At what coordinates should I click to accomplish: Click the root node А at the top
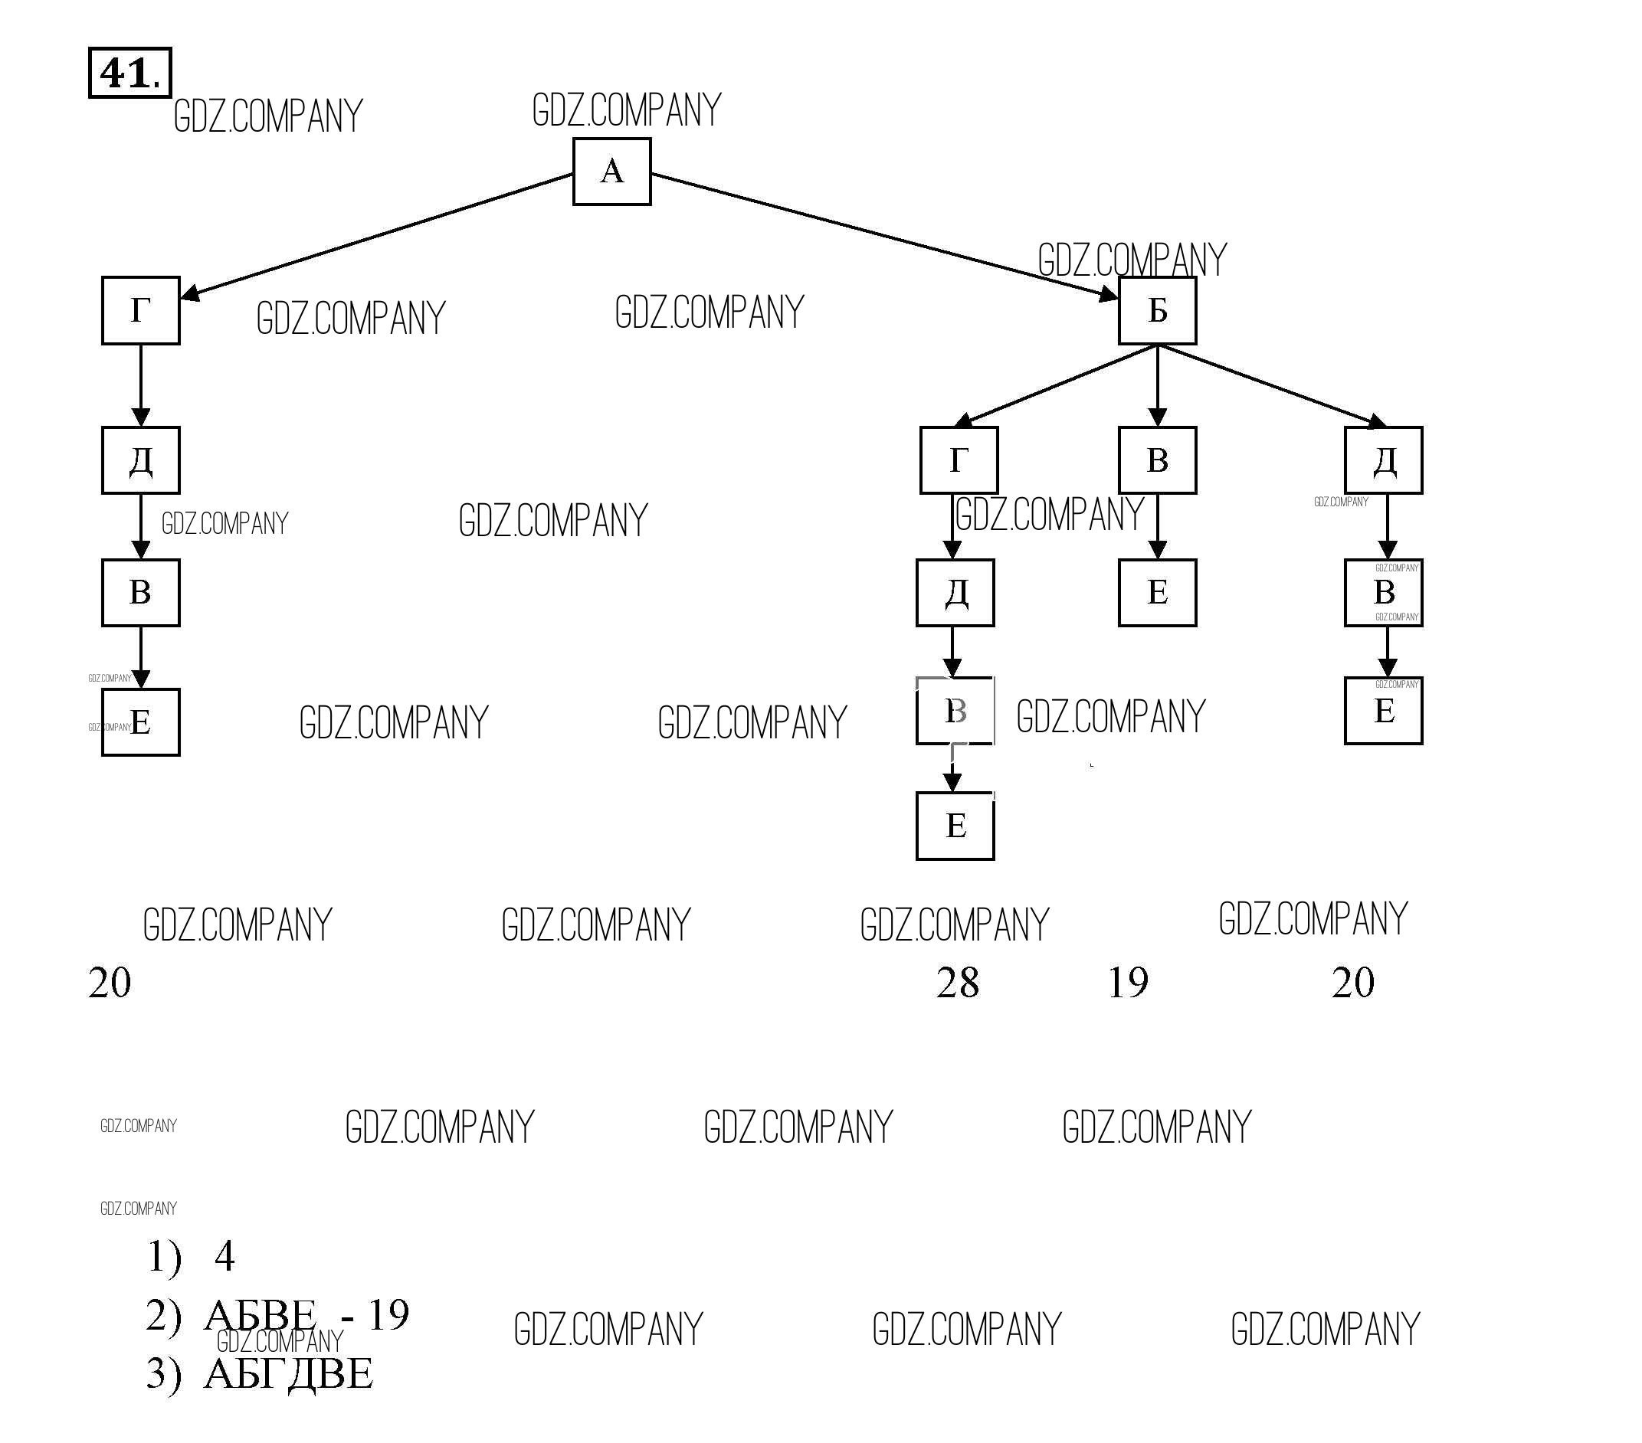tap(611, 171)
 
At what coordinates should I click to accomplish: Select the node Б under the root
tap(1157, 311)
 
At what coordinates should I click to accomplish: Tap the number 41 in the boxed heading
tap(125, 74)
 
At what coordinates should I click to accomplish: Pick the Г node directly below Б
tap(959, 460)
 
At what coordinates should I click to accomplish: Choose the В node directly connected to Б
tap(1157, 460)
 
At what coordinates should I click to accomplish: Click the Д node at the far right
tap(1383, 460)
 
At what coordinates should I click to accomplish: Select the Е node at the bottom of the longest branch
tap(955, 826)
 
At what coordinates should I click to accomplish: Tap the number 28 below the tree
tap(957, 983)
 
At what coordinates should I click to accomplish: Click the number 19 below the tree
tap(1128, 983)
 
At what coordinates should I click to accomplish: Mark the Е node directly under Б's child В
tap(1157, 593)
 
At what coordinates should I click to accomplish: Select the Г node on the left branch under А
tap(140, 311)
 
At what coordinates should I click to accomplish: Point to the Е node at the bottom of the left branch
tap(140, 722)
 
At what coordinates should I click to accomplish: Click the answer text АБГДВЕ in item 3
tap(288, 1373)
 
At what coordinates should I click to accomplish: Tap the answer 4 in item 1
tap(225, 1257)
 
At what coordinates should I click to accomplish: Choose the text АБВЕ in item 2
tap(261, 1315)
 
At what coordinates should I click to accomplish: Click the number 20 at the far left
tap(110, 983)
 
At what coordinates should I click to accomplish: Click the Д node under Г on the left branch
tap(140, 460)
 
